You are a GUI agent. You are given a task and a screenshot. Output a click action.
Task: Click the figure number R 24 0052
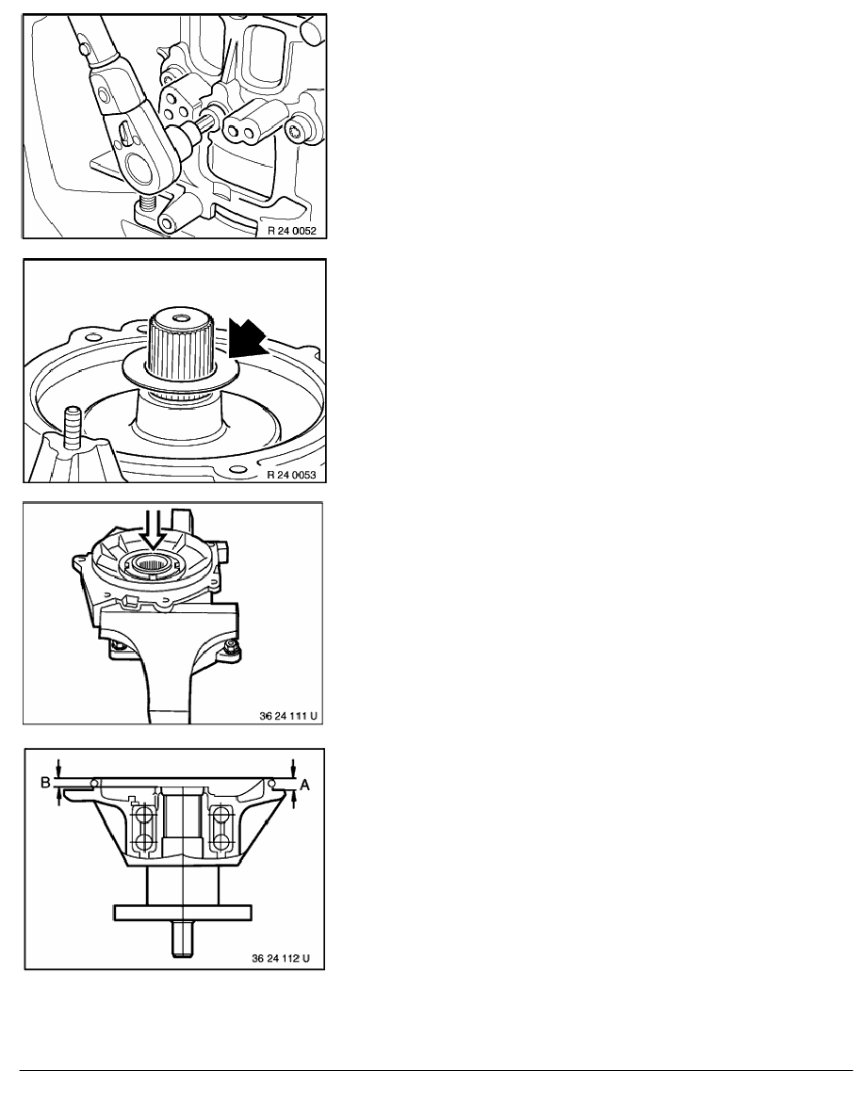pyautogui.click(x=291, y=231)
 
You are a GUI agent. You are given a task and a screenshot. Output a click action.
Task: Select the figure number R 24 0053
pyautogui.click(x=291, y=475)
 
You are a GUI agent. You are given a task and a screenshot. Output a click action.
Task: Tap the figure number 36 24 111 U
pyautogui.click(x=288, y=715)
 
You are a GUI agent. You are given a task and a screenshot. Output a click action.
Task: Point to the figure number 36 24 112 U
pyautogui.click(x=281, y=958)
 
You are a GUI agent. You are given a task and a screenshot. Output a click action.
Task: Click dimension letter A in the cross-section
pyautogui.click(x=304, y=785)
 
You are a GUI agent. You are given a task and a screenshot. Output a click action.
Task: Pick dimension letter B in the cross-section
pyautogui.click(x=45, y=782)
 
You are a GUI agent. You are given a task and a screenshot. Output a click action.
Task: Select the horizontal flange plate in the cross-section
pyautogui.click(x=183, y=912)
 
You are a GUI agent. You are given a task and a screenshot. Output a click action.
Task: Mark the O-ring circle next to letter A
pyautogui.click(x=272, y=784)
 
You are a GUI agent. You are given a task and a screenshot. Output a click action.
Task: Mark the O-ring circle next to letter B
pyautogui.click(x=94, y=784)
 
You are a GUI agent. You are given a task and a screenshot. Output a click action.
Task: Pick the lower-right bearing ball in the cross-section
pyautogui.click(x=221, y=842)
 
